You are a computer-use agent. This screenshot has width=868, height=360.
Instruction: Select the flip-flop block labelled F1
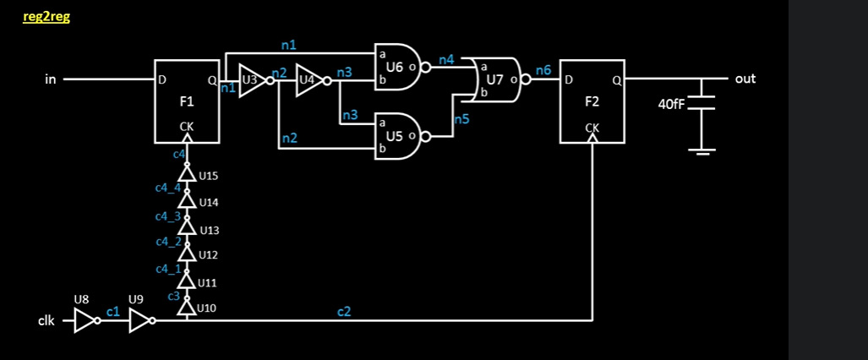(187, 101)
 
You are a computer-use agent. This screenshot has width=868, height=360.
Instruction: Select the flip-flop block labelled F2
(592, 101)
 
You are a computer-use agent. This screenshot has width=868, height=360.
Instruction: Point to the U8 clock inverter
(85, 320)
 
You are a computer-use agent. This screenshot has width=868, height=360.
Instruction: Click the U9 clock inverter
(140, 320)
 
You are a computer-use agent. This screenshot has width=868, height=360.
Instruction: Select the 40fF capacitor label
(673, 105)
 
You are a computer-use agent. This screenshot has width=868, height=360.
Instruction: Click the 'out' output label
(745, 79)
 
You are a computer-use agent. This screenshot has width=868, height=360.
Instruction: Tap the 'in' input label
(51, 79)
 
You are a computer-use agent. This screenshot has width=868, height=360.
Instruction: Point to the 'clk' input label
(47, 321)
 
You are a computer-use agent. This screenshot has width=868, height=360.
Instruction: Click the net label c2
(344, 312)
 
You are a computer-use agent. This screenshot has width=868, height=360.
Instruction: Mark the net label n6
(543, 71)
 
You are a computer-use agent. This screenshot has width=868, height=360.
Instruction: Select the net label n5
(461, 120)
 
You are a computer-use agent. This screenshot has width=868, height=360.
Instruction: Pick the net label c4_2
(167, 243)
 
